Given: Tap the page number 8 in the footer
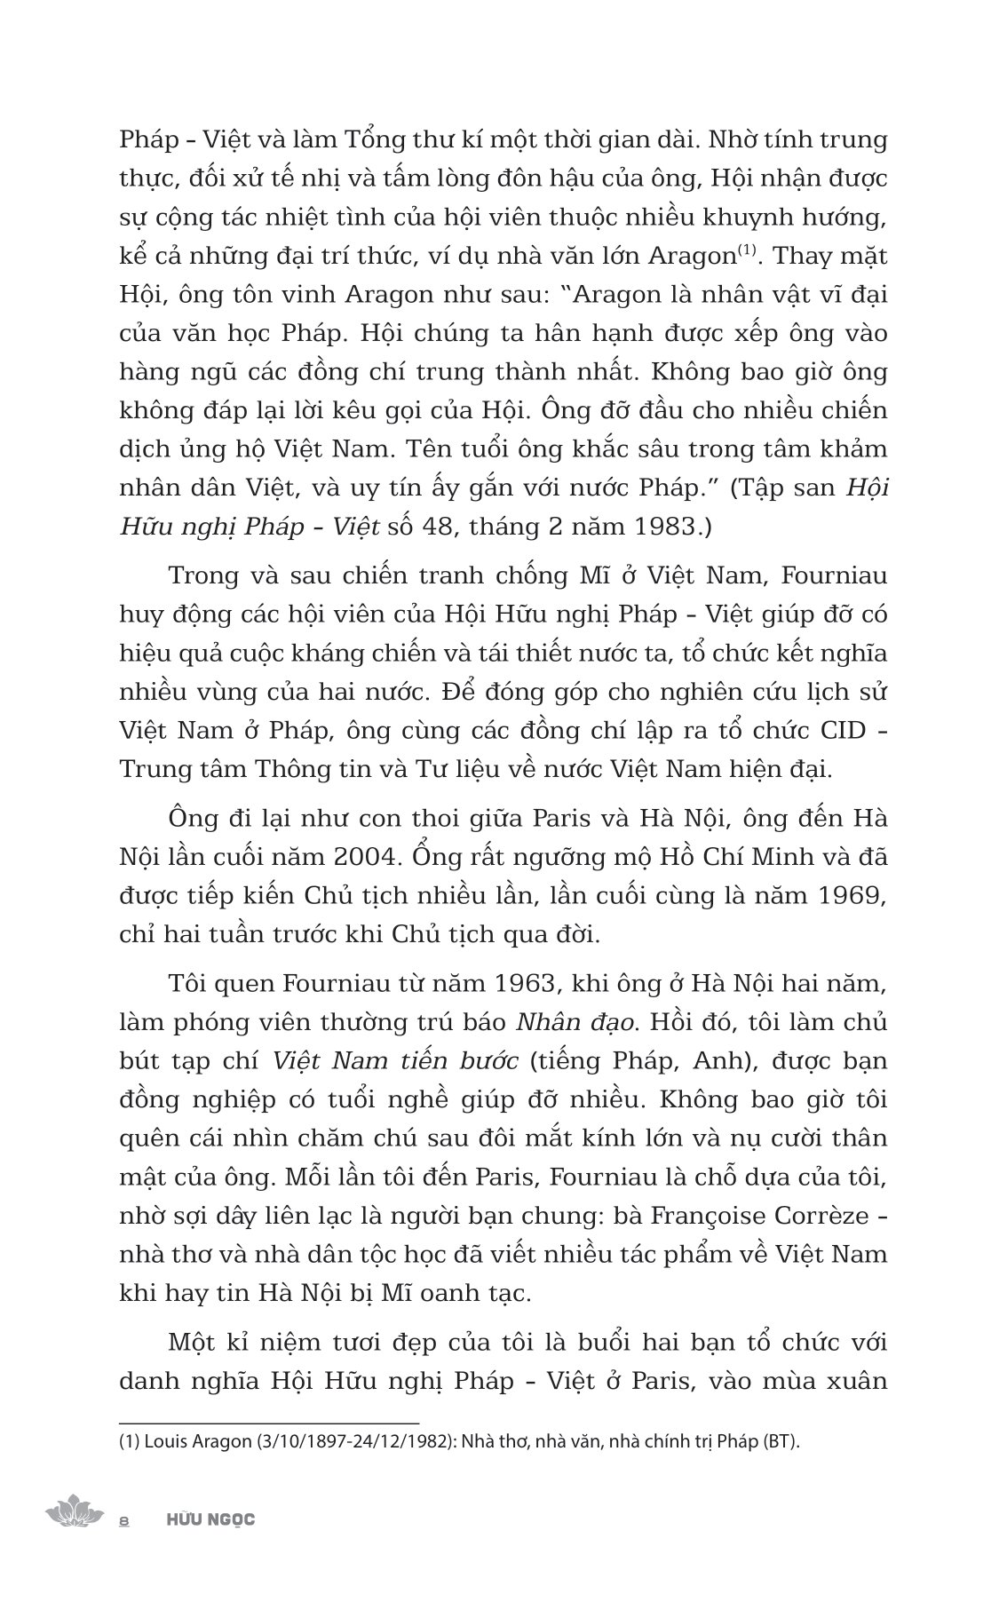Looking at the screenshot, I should point(125,1520).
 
